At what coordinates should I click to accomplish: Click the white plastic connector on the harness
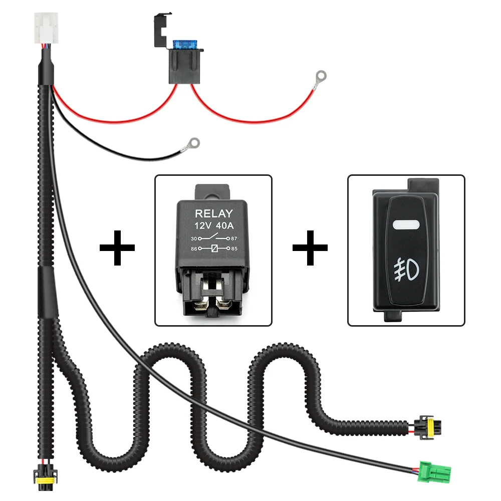coord(46,28)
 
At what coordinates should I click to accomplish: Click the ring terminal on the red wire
coord(320,77)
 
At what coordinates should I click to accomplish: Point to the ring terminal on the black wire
coord(192,144)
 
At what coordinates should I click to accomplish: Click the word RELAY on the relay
coord(214,213)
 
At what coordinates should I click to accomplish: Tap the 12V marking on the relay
coord(203,226)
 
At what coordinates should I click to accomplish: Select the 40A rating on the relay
coord(225,226)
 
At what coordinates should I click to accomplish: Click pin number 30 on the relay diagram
coord(193,238)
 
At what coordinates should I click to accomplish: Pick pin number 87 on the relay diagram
coord(234,238)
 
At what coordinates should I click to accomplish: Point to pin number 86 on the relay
coord(193,248)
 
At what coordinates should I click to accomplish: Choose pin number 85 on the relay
coord(234,248)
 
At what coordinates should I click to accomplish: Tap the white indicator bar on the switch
coord(406,224)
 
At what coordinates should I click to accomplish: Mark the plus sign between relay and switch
coord(310,247)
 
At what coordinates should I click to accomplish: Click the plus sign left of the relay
coord(117,247)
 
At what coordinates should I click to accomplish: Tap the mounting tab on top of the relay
coord(212,192)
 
